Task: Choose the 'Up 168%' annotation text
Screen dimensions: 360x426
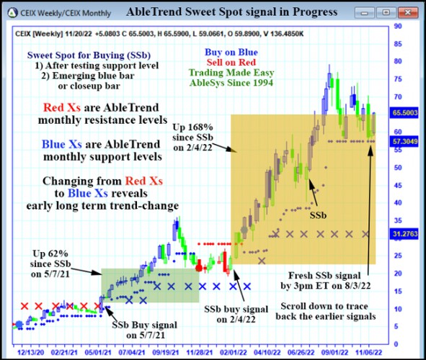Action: pyautogui.click(x=193, y=127)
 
